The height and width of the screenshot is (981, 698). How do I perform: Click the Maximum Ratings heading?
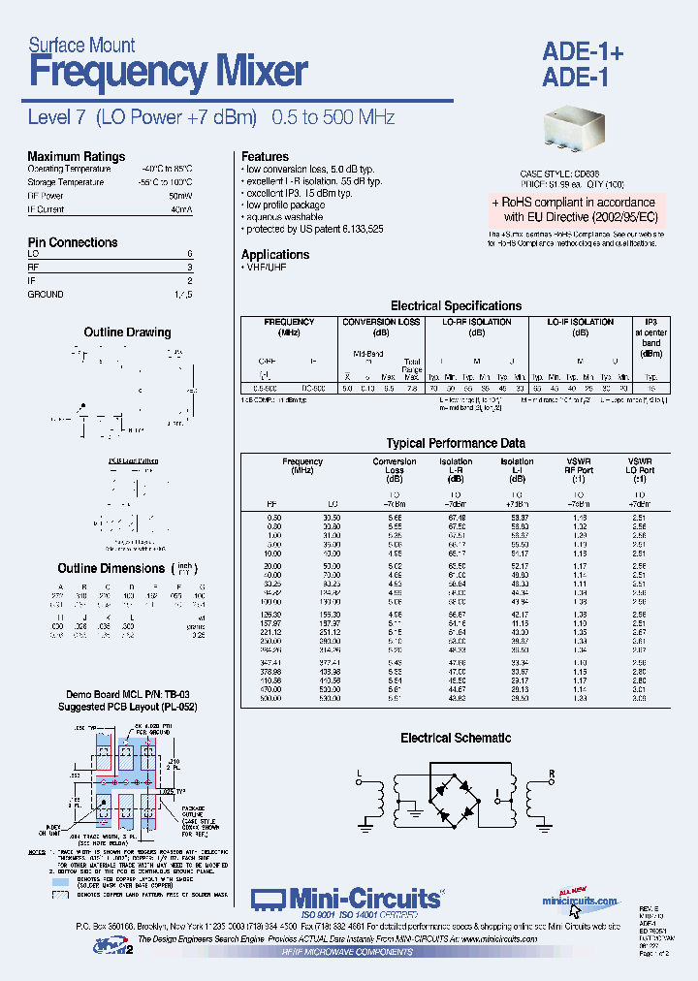pyautogui.click(x=76, y=156)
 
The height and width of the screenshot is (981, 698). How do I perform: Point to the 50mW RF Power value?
pyautogui.click(x=181, y=195)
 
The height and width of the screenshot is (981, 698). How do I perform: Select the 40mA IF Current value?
pyautogui.click(x=181, y=208)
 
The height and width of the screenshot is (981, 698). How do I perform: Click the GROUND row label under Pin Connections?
pyautogui.click(x=46, y=294)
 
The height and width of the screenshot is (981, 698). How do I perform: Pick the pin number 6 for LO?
pyautogui.click(x=189, y=253)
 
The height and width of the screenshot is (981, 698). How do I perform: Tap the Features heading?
pyautogui.click(x=265, y=156)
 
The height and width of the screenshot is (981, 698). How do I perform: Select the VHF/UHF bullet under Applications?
pyautogui.click(x=268, y=268)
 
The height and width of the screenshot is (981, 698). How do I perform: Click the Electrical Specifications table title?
pyautogui.click(x=456, y=305)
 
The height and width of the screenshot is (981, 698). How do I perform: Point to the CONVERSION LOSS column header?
pyautogui.click(x=382, y=322)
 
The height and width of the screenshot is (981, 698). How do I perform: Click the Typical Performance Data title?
pyautogui.click(x=456, y=443)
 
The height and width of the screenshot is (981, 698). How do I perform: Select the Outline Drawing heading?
pyautogui.click(x=127, y=332)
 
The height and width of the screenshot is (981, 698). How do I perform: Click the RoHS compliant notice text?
pyautogui.click(x=580, y=209)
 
